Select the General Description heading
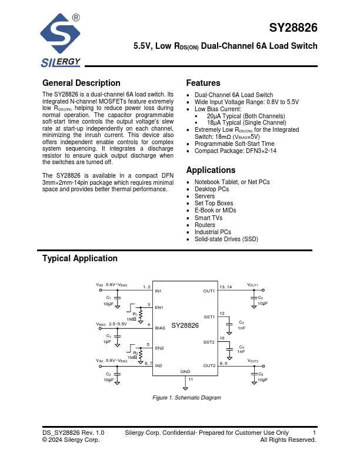tap(81, 83)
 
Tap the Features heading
tap(203, 83)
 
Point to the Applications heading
tap(211, 170)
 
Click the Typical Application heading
tap(80, 258)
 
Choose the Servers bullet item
tap(204, 197)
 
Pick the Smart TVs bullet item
tap(208, 218)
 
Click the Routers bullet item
tap(205, 225)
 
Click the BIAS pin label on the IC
tap(160, 327)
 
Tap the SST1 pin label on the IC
tap(209, 317)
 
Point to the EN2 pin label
tap(159, 348)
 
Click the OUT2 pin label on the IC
tap(209, 365)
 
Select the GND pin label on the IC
tap(185, 372)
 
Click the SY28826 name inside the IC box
tap(185, 325)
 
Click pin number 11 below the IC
tap(190, 380)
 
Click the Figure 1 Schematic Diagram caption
tap(186, 398)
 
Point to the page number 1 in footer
tap(315, 432)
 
